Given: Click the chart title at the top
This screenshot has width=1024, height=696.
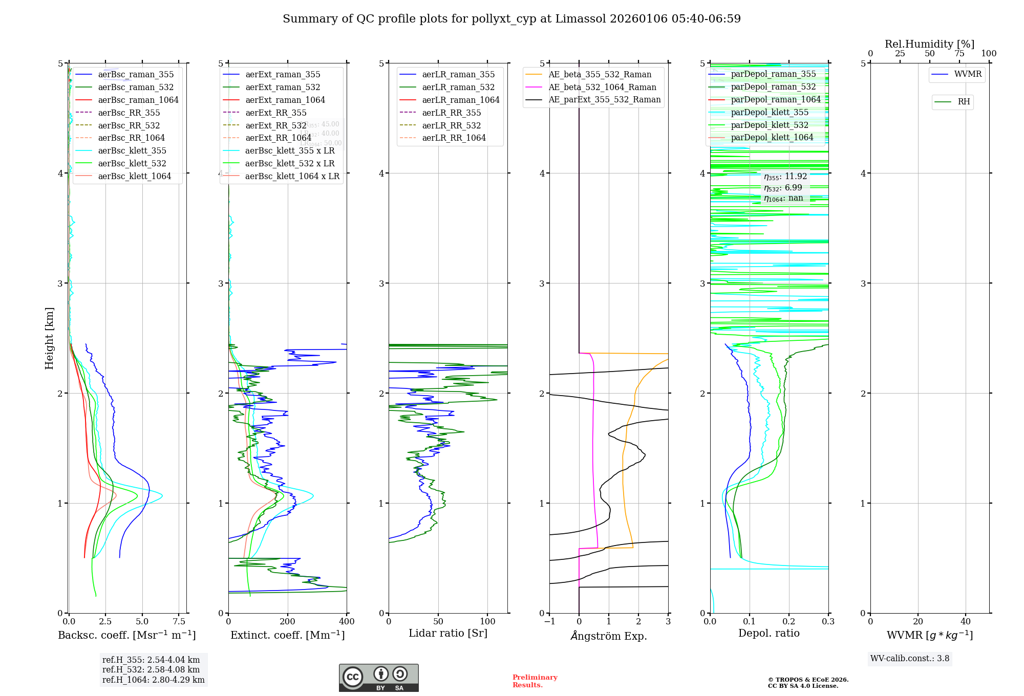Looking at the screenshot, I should pyautogui.click(x=511, y=19).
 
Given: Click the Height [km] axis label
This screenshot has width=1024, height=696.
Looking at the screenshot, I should pyautogui.click(x=49, y=338).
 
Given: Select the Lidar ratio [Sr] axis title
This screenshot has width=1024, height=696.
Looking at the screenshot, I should pyautogui.click(x=448, y=633).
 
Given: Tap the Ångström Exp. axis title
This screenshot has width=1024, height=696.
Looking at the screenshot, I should pyautogui.click(x=609, y=636).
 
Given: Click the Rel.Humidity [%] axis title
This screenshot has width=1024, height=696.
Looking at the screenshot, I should pyautogui.click(x=929, y=44).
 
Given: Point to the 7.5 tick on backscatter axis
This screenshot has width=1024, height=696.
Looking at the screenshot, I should pyautogui.click(x=179, y=622).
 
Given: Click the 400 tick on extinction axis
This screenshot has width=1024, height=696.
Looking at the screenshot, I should pyautogui.click(x=347, y=622).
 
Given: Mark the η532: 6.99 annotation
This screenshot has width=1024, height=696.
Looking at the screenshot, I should pyautogui.click(x=783, y=188).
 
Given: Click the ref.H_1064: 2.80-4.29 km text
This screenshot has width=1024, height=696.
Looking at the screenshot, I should pyautogui.click(x=153, y=680).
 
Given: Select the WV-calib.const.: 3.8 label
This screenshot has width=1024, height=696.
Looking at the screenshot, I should pyautogui.click(x=910, y=658).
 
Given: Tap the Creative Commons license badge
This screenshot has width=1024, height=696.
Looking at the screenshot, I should pyautogui.click(x=378, y=678).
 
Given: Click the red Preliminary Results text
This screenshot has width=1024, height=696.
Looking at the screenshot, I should pyautogui.click(x=535, y=681).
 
